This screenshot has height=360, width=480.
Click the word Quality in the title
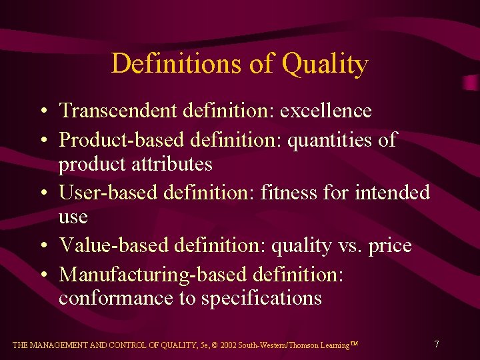coord(325,65)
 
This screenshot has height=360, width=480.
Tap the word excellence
coord(325,110)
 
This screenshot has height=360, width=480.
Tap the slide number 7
coord(436,344)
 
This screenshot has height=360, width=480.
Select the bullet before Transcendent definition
coord(42,111)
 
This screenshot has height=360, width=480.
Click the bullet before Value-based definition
coord(42,246)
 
